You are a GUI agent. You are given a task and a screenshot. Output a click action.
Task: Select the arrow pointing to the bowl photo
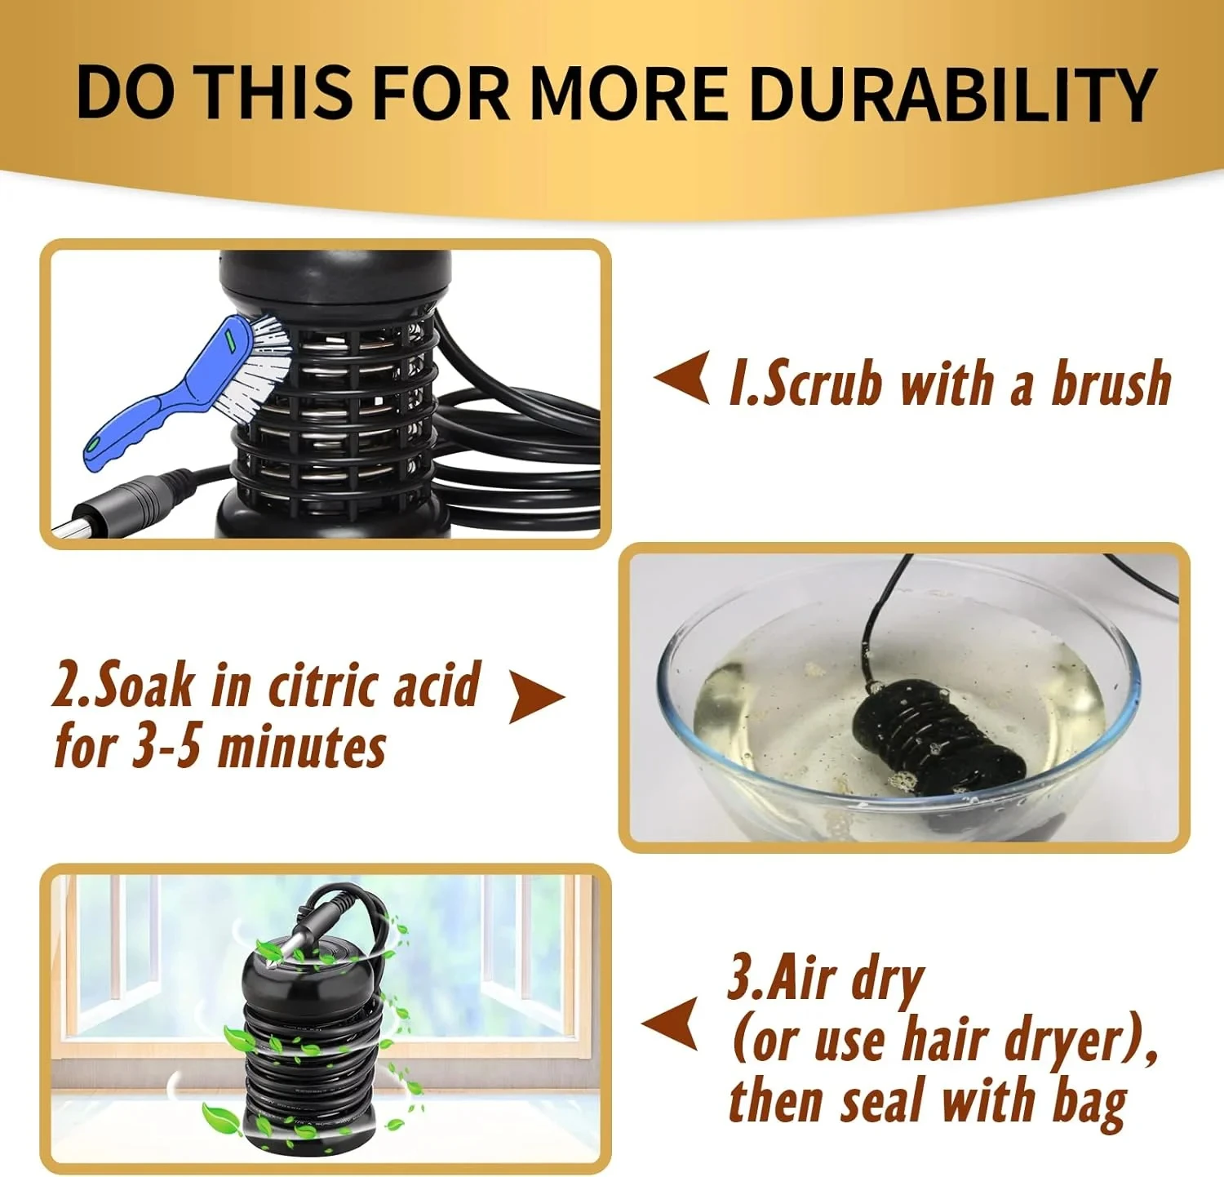click(536, 697)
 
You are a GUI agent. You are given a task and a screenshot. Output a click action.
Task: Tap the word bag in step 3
click(1089, 1103)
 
